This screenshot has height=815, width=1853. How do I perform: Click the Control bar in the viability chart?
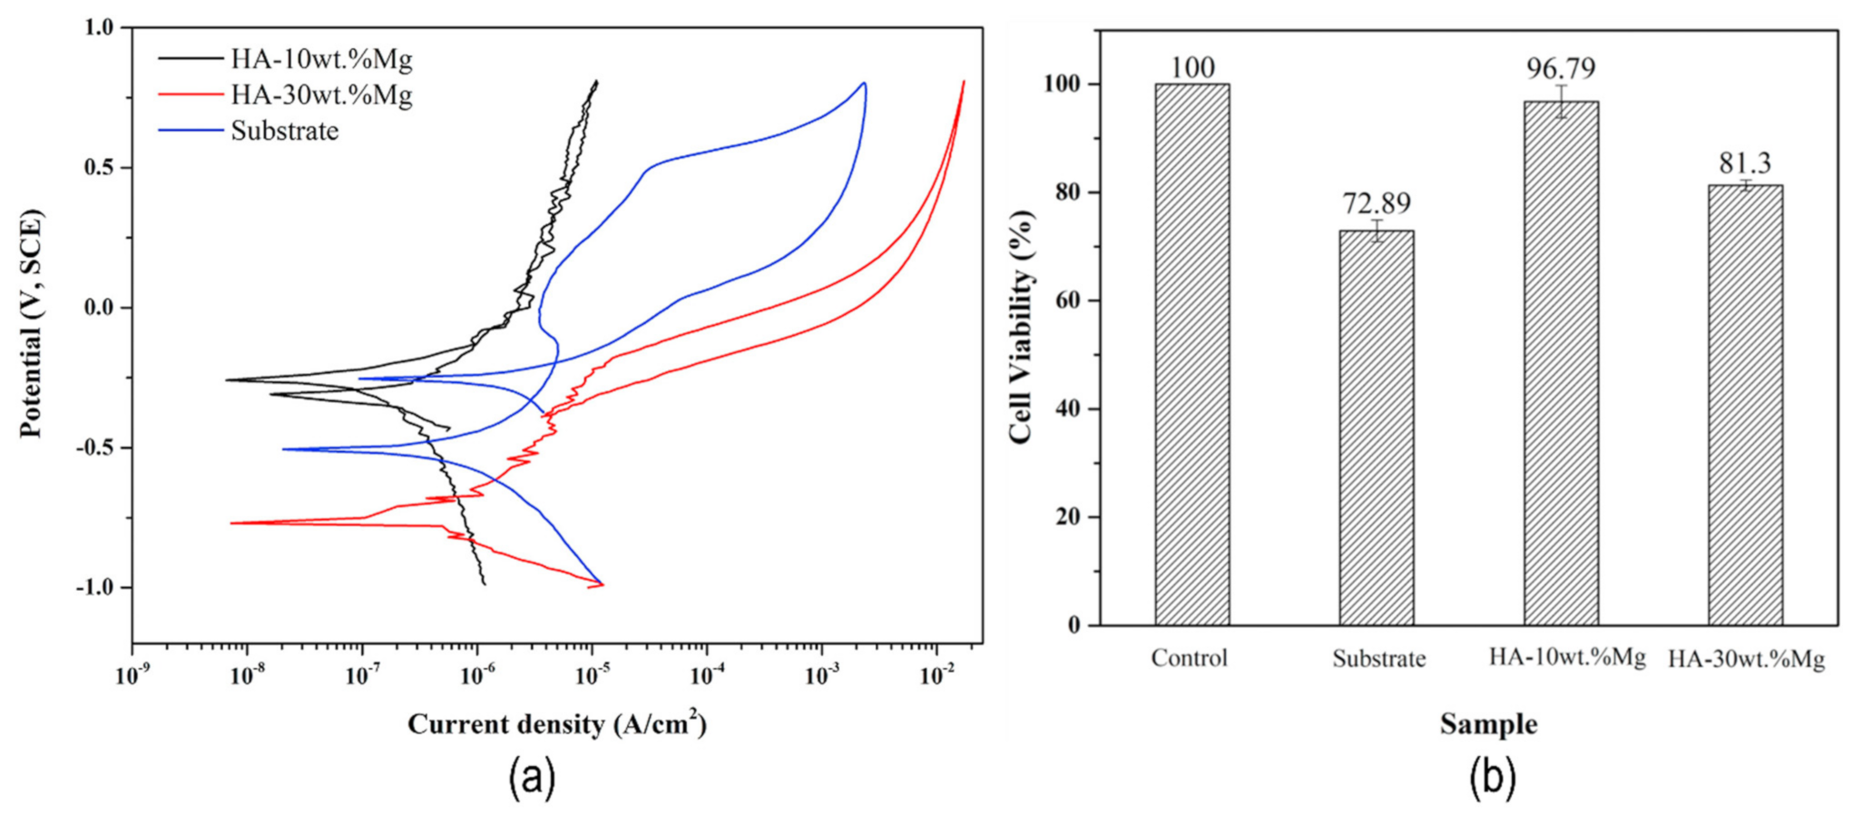point(1191,354)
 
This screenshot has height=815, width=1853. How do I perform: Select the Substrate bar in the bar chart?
point(1376,427)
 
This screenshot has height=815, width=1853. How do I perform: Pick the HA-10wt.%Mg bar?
point(1561,363)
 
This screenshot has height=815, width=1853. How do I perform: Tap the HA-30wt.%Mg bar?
point(1745,405)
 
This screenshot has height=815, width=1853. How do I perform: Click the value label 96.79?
point(1560,68)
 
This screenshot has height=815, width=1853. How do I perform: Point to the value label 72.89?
point(1377,202)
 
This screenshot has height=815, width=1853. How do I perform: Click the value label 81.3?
point(1744,162)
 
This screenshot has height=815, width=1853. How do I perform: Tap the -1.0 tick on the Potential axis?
point(94,587)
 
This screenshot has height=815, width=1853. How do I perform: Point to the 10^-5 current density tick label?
point(591,673)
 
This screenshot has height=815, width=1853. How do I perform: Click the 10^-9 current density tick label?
point(132,673)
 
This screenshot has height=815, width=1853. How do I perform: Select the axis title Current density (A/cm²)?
point(556,723)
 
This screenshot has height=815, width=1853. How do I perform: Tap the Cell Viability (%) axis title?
point(1020,327)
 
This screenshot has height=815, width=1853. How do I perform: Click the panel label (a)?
point(532,778)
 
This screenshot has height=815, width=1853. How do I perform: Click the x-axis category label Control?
point(1189,657)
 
